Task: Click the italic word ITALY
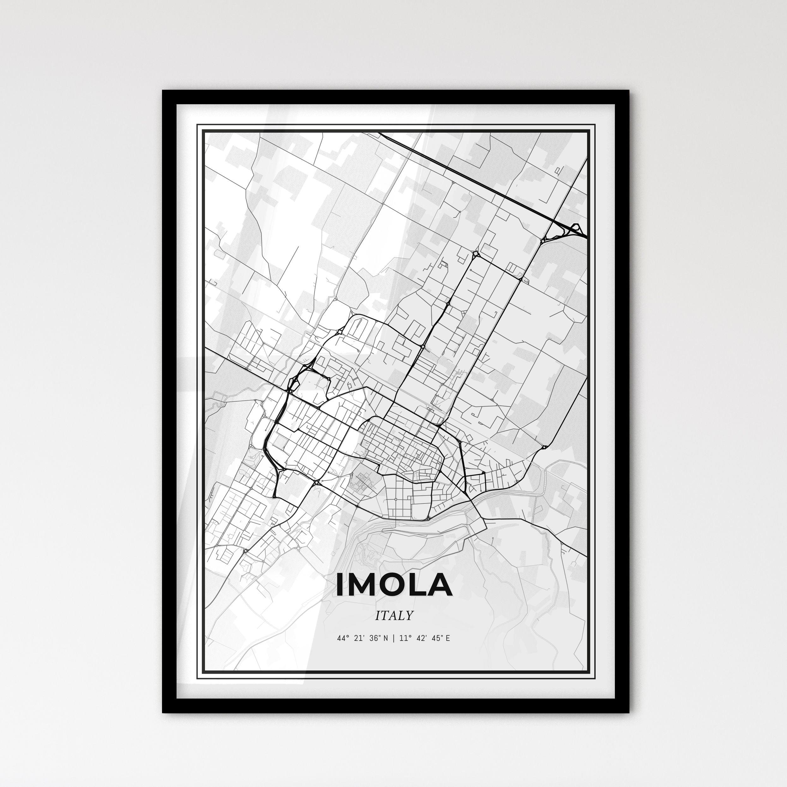[394, 616]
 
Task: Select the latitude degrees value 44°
[343, 638]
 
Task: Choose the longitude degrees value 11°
[405, 638]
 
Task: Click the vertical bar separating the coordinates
[393, 638]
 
